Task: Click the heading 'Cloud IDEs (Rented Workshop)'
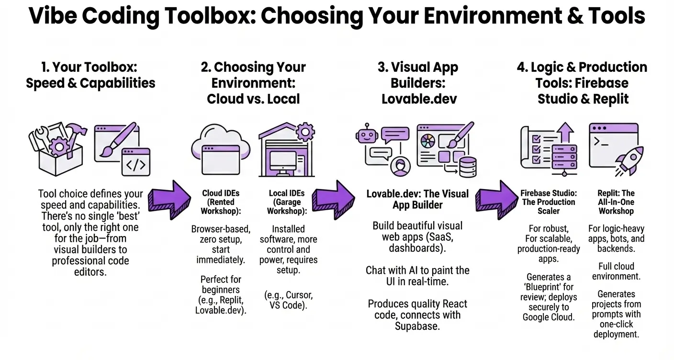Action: (221, 202)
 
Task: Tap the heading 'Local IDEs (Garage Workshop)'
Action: (286, 202)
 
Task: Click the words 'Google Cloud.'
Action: (549, 317)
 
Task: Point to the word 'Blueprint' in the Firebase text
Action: (548, 287)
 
